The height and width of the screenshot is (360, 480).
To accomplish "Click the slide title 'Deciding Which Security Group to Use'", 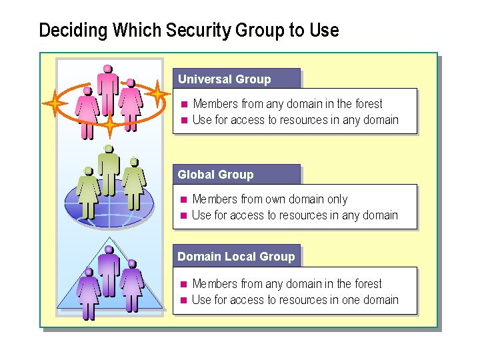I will (x=189, y=31).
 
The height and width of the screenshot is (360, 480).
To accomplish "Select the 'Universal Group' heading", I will (x=225, y=79).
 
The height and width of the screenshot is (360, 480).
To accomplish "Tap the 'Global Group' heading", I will (x=215, y=175).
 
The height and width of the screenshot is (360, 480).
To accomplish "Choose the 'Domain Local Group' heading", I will (x=236, y=257).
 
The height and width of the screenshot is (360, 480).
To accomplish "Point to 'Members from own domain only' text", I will (x=269, y=199).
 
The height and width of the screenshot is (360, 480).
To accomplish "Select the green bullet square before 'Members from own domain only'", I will (x=184, y=199).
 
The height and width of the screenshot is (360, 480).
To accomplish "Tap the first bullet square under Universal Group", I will (x=184, y=104).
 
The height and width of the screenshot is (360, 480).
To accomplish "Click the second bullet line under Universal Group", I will (x=295, y=120).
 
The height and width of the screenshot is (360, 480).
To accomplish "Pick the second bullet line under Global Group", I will (x=295, y=215).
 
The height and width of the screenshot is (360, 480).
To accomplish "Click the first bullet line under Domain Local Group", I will (x=287, y=284).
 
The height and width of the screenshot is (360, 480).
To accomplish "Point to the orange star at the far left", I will (x=55, y=103).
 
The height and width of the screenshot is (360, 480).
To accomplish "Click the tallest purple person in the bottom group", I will (x=107, y=267).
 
